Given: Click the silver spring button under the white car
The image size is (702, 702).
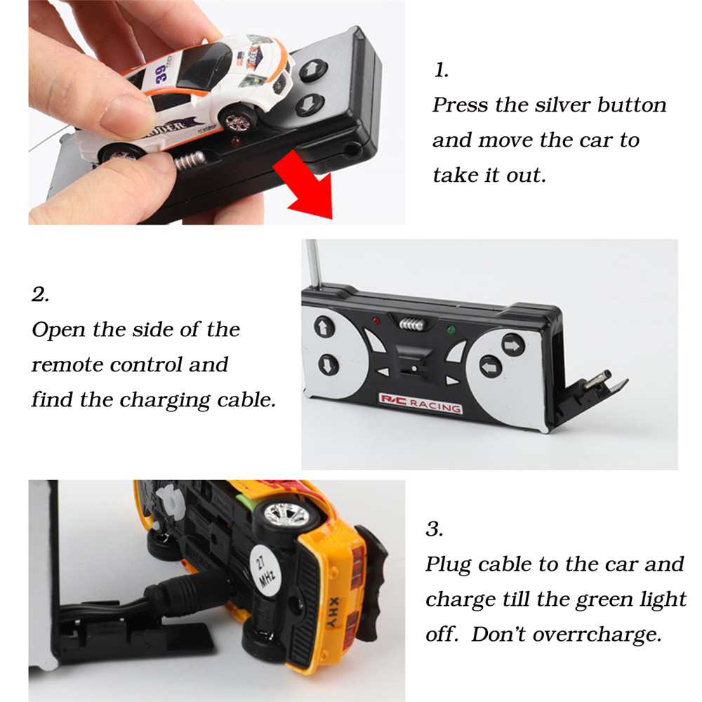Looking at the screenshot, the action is pos(190,160).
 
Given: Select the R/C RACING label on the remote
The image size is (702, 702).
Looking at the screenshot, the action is pos(420,404).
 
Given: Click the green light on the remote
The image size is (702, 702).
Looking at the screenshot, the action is pos(451,330).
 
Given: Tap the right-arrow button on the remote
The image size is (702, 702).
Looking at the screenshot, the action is pos(512,345).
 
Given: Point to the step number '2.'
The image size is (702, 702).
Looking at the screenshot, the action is pos(40,294).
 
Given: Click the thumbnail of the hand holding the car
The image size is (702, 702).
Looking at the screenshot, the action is pos(217,112).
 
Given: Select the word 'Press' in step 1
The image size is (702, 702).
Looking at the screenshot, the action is pos(460,105).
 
